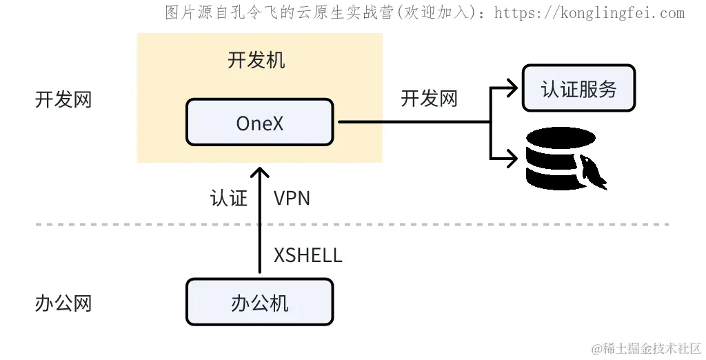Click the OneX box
click(x=259, y=122)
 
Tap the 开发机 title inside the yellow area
click(x=256, y=60)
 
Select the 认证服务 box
click(x=578, y=88)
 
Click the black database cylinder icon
click(x=558, y=159)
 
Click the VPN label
click(x=292, y=199)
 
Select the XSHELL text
click(x=307, y=255)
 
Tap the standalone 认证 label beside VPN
click(x=228, y=199)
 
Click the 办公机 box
click(x=259, y=303)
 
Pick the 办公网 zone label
click(x=63, y=303)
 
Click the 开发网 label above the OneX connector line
click(x=429, y=99)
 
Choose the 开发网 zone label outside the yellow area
click(x=63, y=99)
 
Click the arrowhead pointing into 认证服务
click(x=512, y=88)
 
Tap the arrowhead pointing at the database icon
click(x=512, y=157)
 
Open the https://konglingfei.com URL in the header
click(x=589, y=12)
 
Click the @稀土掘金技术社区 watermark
click(x=641, y=348)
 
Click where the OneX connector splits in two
click(x=490, y=122)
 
